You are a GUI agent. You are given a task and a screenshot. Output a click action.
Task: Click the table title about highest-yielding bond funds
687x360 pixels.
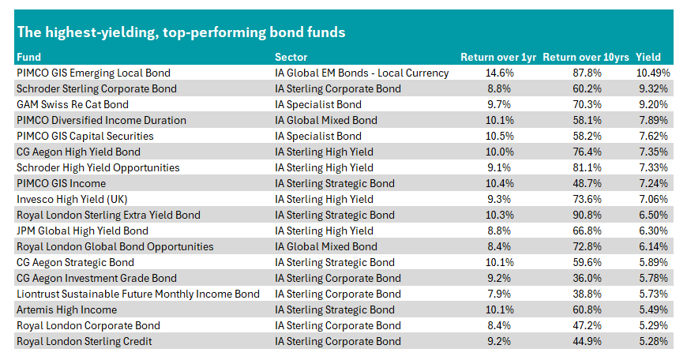181,32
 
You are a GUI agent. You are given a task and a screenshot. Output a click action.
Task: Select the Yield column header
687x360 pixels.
648,57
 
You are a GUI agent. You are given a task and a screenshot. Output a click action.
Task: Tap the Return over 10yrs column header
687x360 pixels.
585,58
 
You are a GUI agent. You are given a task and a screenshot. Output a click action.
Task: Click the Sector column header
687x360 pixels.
291,57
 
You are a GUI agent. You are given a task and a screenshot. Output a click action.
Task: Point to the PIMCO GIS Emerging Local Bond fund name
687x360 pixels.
93,73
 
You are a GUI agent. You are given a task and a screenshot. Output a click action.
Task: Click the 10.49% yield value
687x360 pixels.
653,73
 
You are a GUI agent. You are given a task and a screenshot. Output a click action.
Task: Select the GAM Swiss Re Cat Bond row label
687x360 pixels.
73,104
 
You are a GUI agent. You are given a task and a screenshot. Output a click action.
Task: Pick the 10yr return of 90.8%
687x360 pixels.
587,215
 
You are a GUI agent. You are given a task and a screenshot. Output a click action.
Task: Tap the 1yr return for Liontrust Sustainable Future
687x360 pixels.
499,294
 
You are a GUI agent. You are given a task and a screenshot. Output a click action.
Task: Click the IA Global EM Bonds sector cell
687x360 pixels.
362,73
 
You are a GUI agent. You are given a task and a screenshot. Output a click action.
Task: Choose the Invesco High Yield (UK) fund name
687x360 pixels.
72,199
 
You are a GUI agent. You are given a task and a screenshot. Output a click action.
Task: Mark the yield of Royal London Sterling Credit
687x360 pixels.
653,341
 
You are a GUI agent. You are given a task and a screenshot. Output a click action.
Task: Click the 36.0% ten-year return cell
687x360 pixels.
587,278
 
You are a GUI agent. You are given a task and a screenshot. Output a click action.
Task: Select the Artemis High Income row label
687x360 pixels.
66,309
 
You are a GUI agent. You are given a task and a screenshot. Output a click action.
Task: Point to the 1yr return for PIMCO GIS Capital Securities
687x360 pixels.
499,136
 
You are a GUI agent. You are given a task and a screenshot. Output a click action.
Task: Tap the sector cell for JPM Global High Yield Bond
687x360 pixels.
324,231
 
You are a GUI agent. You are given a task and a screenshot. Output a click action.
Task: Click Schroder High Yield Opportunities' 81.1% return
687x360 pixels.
587,167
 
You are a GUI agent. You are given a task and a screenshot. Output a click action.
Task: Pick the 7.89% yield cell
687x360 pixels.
653,120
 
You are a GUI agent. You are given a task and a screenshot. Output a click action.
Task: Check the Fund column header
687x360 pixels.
28,57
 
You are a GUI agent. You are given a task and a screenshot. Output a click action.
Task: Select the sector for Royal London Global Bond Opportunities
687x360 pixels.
326,246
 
